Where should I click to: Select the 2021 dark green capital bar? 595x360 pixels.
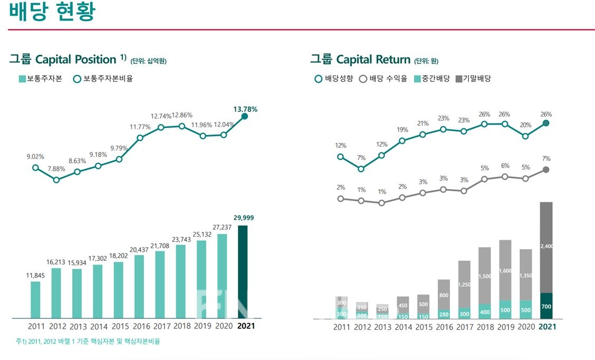243,272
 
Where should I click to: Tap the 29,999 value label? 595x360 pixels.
243,218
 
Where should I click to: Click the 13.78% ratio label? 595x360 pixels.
245,109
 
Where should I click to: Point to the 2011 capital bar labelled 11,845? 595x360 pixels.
35,300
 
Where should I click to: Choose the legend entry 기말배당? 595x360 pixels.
473,79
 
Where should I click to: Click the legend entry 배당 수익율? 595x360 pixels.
383,79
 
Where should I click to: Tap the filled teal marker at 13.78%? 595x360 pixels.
244,116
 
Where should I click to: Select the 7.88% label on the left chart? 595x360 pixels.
56,169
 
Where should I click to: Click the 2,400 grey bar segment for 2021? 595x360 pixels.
546,247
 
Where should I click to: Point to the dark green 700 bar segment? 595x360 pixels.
546,306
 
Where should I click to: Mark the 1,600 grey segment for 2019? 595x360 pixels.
505,270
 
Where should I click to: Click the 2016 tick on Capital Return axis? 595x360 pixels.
444,327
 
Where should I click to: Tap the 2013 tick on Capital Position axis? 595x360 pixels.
78,326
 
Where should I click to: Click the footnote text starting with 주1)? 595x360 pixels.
88,342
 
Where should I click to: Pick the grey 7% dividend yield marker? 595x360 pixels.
546,170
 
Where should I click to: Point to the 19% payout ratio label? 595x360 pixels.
402,130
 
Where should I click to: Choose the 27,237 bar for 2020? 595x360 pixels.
222,276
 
